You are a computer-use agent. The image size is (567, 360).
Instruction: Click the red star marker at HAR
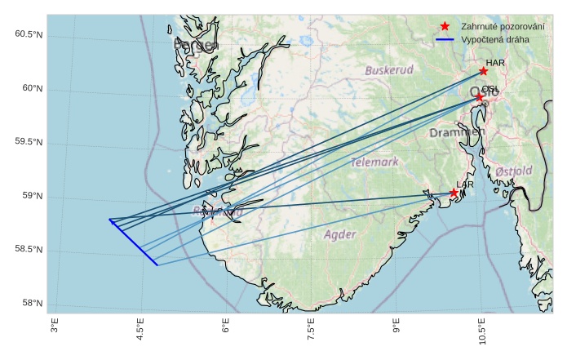pos(484,71)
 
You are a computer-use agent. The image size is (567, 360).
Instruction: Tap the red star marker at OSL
pos(480,97)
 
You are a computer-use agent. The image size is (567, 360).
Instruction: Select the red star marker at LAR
pos(454,193)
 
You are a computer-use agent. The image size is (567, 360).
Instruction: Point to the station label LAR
pos(465,185)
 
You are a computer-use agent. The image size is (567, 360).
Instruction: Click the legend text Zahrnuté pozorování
pos(503,27)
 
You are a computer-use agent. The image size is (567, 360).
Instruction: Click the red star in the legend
pos(445,27)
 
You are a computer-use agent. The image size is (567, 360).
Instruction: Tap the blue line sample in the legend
pos(445,39)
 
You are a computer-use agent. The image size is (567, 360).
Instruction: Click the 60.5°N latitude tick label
pos(29,34)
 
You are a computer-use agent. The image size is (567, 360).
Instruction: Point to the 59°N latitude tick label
pos(32,196)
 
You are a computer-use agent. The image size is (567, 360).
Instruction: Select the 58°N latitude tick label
pos(32,304)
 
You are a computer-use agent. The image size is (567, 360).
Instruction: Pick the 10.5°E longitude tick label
pos(482,334)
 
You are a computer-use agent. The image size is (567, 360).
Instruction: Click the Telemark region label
pos(375,162)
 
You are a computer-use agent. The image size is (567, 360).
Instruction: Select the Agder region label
pos(340,235)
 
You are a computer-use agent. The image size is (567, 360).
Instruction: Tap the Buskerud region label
pos(389,70)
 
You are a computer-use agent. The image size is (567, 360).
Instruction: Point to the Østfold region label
pos(514,171)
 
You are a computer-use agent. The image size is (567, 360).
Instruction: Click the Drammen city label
pos(457,132)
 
